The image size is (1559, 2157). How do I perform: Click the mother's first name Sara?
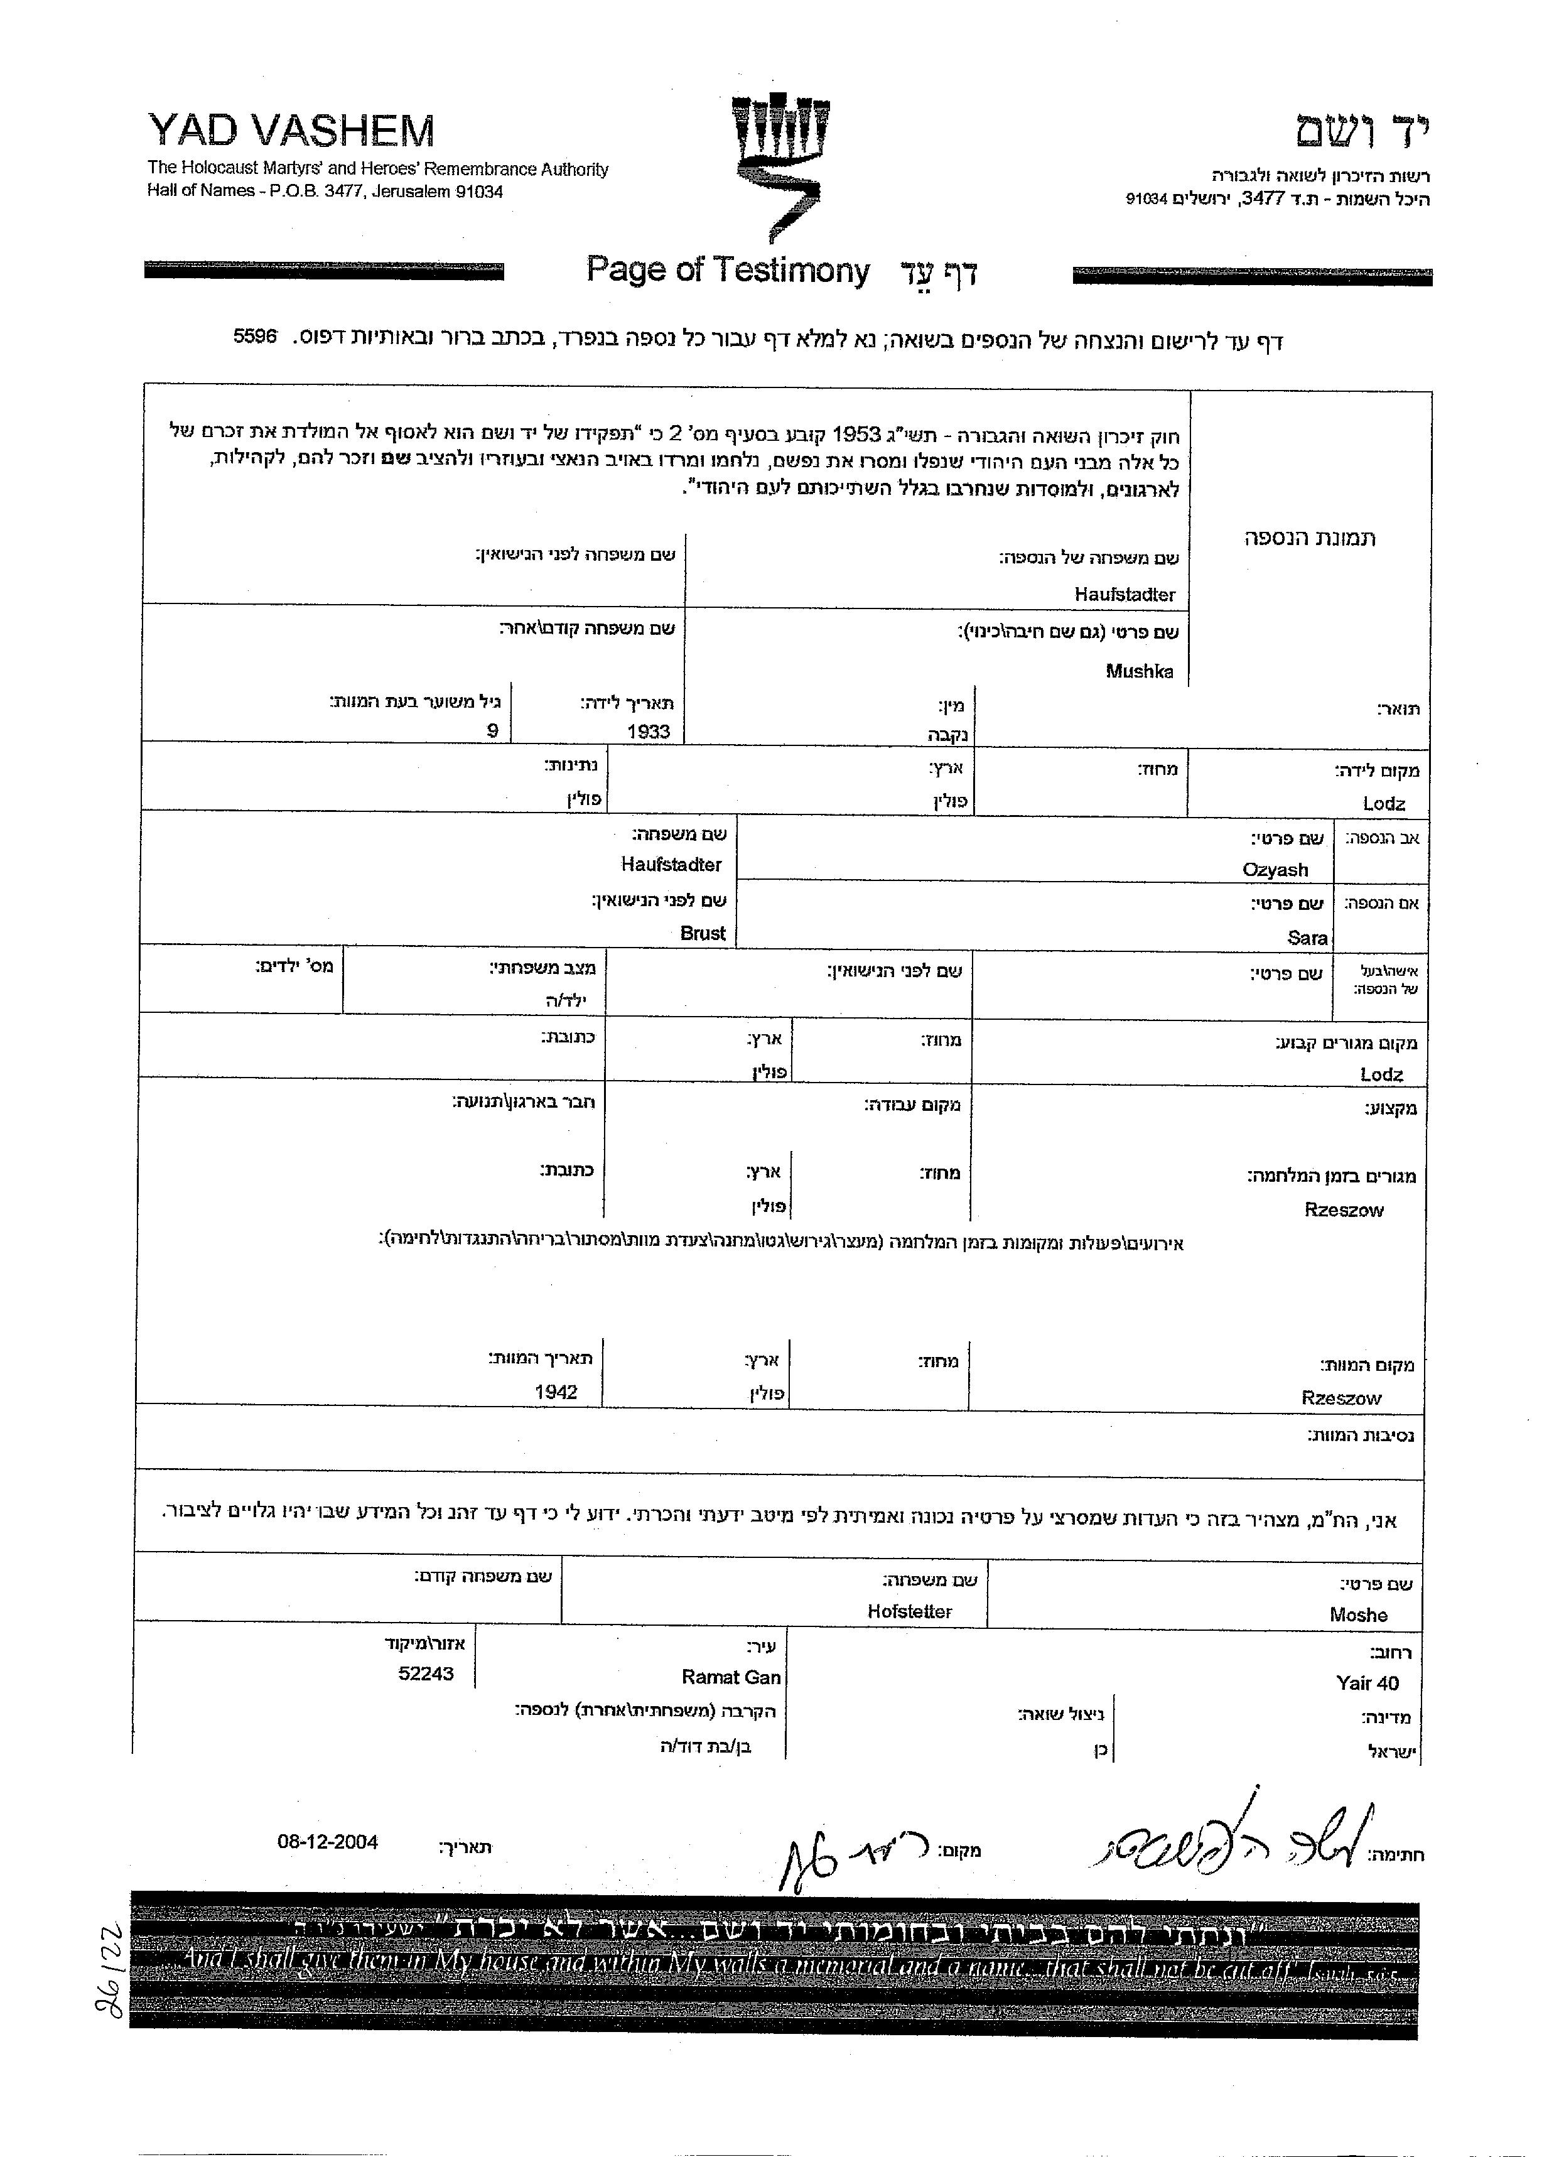coord(1307,938)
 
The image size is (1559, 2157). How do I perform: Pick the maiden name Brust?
coord(703,933)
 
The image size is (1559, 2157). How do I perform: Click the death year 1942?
coord(556,1392)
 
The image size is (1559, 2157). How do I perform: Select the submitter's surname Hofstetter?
coord(909,1611)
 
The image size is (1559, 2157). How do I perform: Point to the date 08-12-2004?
coord(327,1842)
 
